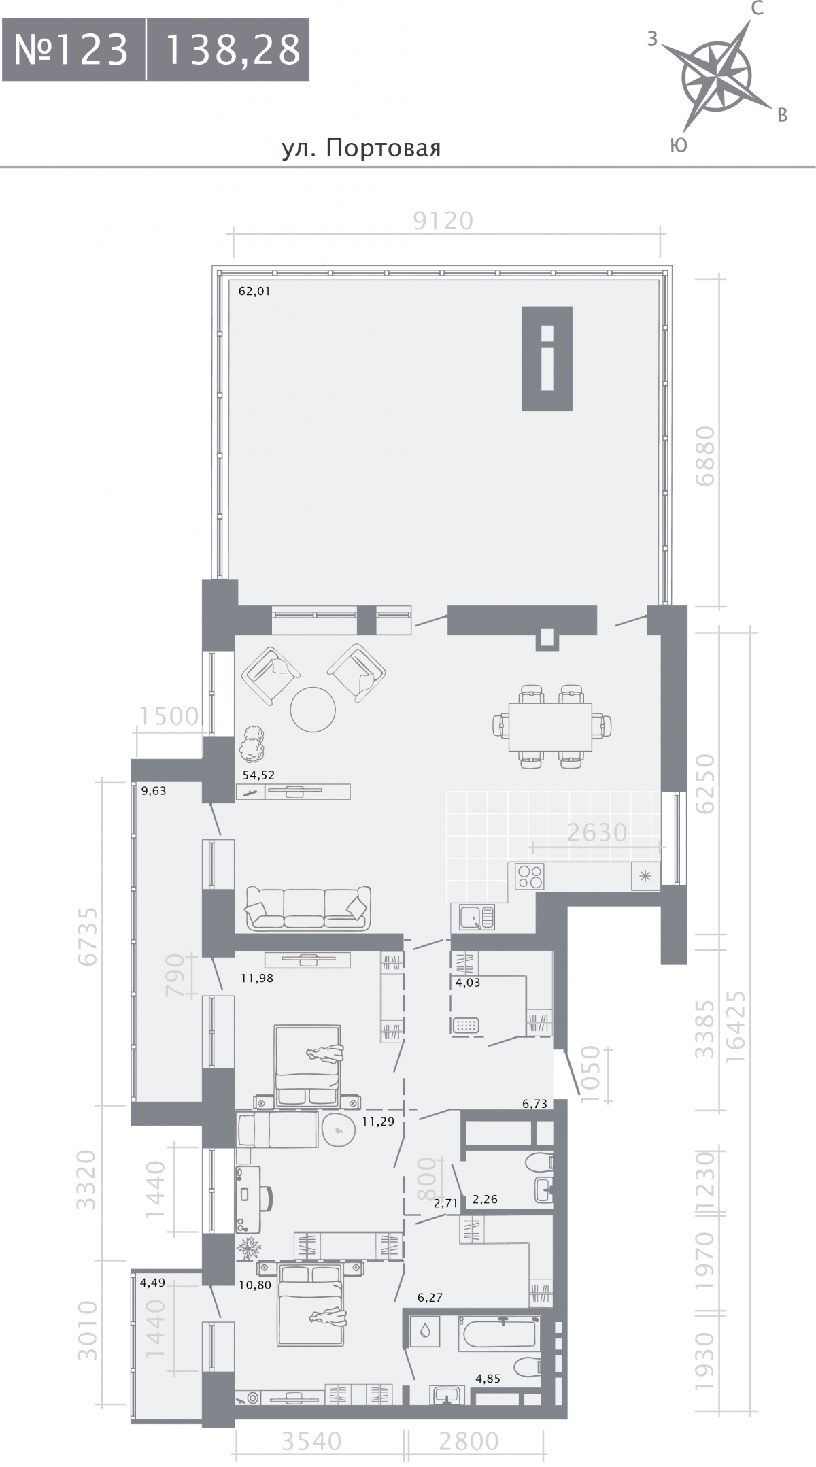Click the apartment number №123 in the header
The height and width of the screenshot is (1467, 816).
(x=71, y=50)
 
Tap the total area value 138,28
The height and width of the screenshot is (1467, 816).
(x=233, y=50)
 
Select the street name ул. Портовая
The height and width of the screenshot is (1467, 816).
(x=362, y=148)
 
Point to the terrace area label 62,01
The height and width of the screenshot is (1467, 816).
(x=254, y=292)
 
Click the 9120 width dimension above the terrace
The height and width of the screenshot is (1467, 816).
(x=443, y=221)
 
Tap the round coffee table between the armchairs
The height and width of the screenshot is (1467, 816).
(x=313, y=709)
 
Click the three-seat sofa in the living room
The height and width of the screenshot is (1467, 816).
(x=308, y=907)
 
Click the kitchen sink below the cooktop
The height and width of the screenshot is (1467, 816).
(x=473, y=916)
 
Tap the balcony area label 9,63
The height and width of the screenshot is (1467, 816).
(x=153, y=790)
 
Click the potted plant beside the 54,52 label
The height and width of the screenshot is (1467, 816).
(x=252, y=744)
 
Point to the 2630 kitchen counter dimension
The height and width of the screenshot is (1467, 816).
(x=596, y=832)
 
